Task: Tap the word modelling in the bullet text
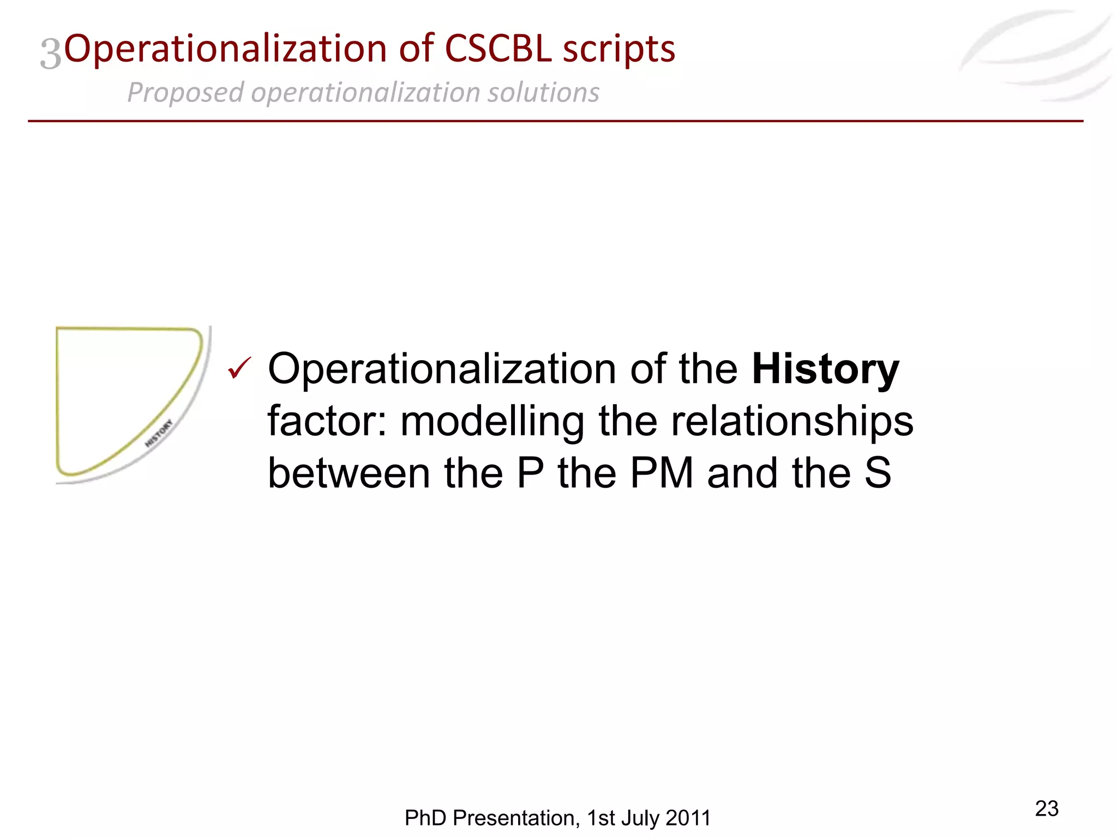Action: click(493, 422)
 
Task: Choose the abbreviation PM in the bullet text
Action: click(662, 473)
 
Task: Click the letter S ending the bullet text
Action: click(878, 473)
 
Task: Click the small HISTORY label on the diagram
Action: click(159, 433)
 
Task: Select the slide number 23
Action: click(1046, 809)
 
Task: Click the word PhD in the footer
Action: click(425, 818)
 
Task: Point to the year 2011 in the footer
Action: click(688, 818)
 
